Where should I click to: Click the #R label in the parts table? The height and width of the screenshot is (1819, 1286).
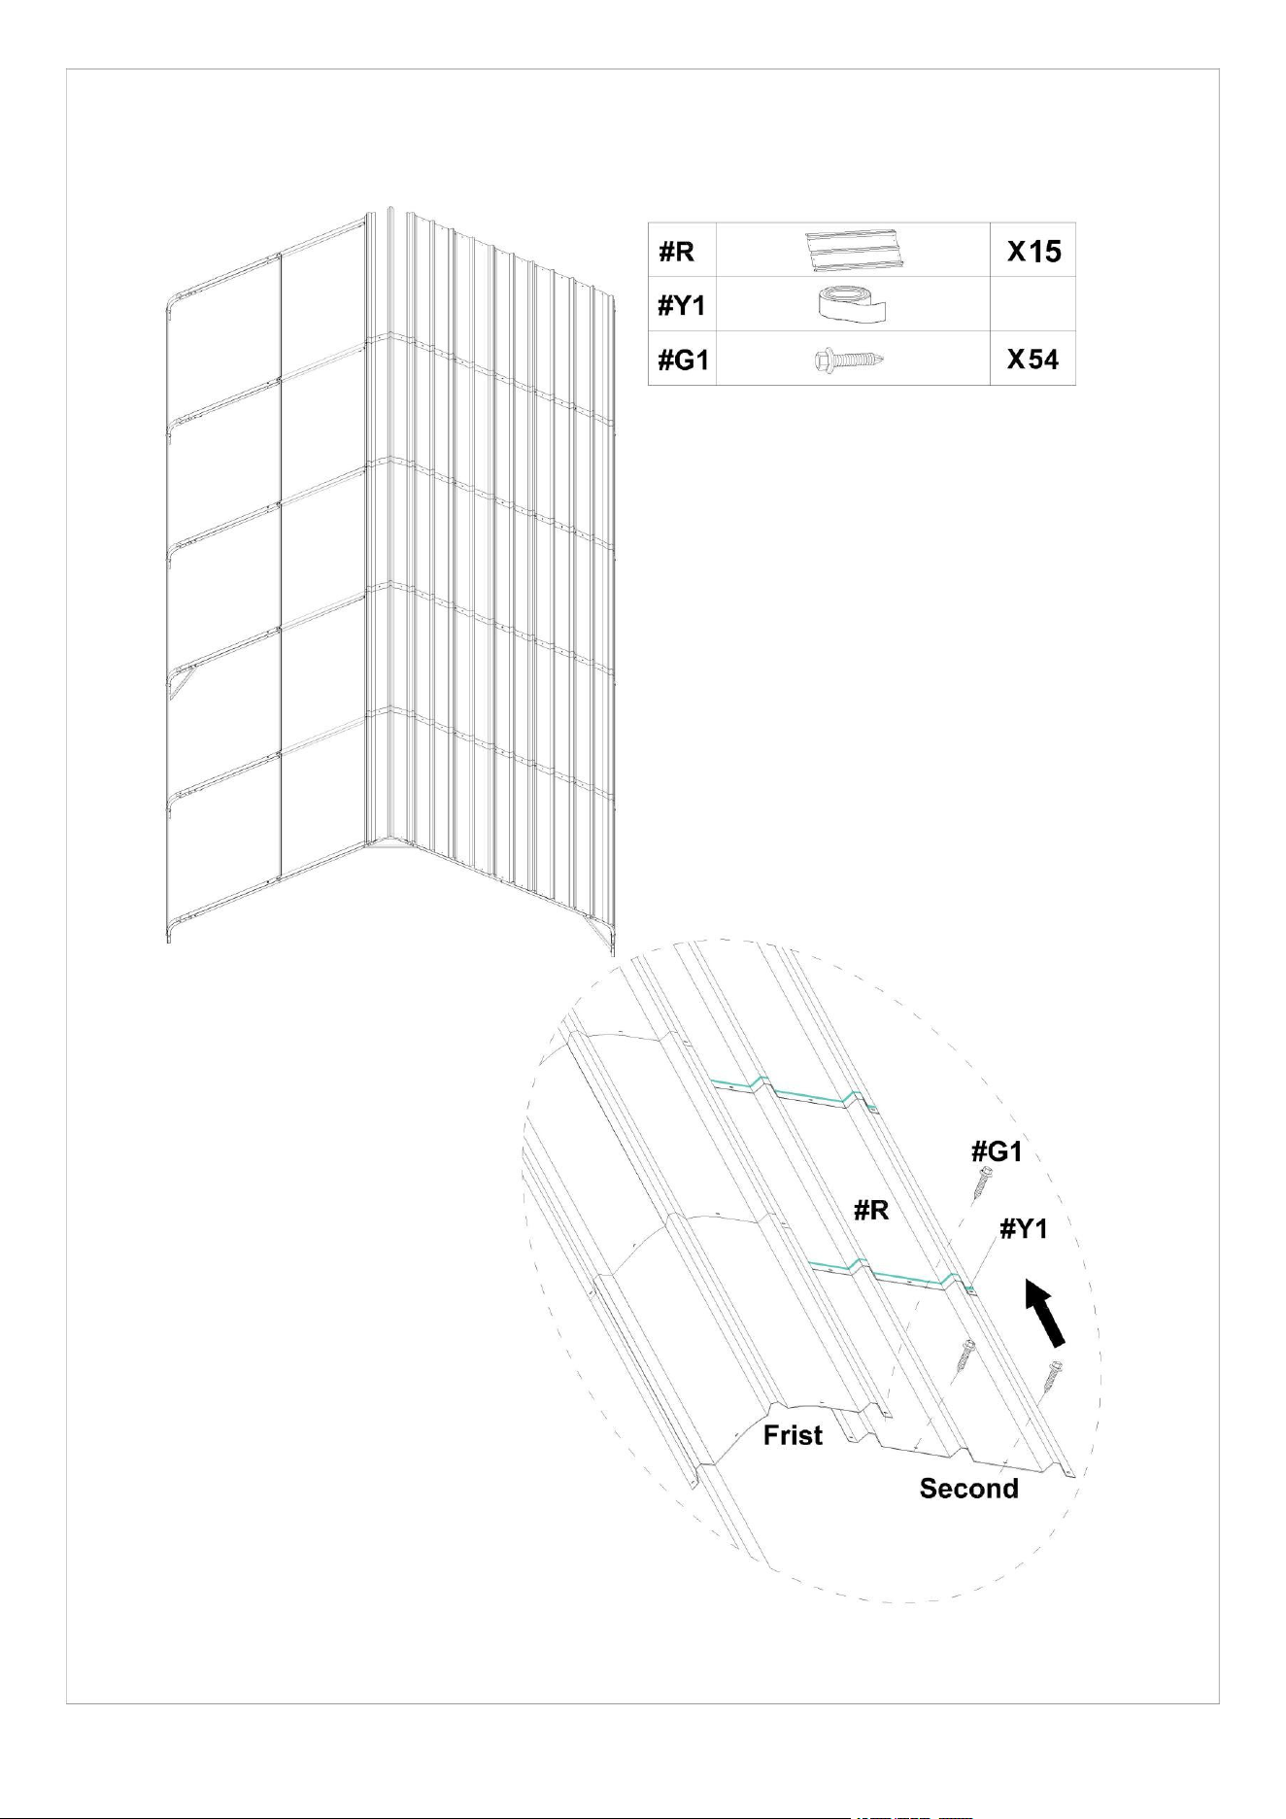[x=676, y=252]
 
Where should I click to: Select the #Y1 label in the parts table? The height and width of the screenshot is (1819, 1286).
[x=682, y=306]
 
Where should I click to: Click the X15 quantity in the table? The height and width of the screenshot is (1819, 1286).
[x=1034, y=252]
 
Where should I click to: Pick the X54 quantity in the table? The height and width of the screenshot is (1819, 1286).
[x=1033, y=360]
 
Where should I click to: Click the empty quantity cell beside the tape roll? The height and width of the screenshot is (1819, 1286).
[x=1032, y=304]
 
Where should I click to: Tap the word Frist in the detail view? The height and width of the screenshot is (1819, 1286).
[x=793, y=1435]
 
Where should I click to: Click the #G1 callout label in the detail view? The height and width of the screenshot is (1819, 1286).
[x=997, y=1151]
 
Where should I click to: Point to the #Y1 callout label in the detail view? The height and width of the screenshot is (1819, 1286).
[x=1025, y=1229]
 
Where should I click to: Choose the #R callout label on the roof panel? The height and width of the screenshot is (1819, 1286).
[x=871, y=1212]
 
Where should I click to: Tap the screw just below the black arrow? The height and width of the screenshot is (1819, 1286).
[x=1052, y=1376]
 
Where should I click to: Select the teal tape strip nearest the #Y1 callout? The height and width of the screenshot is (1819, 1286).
[x=890, y=1275]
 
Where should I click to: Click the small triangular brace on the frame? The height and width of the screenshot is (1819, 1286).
[x=179, y=680]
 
